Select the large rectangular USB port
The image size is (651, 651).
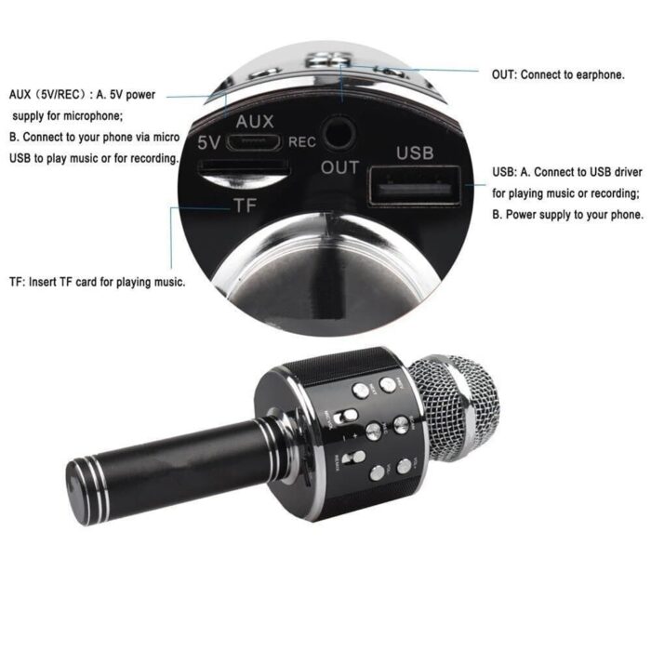pos(415,184)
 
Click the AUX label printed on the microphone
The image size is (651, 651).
pos(255,122)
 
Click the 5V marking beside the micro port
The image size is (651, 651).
pos(209,142)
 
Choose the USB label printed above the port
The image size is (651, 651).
pos(415,152)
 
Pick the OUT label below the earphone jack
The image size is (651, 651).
pos(339,167)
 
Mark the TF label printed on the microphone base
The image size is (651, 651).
pos(245,206)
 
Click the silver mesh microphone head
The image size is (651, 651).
pos(457,405)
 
